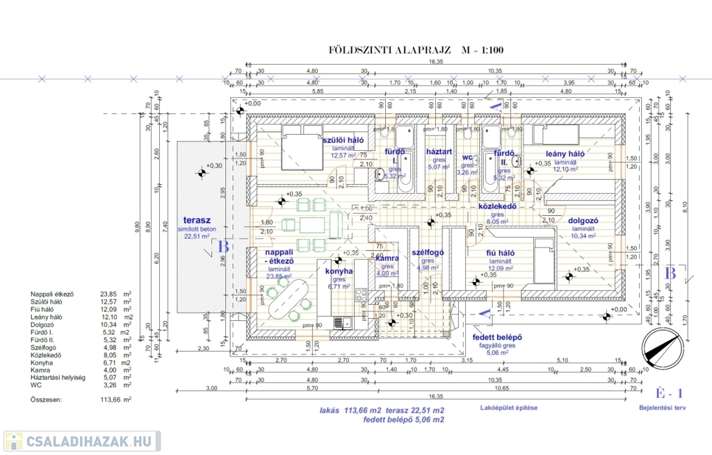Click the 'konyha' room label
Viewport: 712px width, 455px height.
point(339,271)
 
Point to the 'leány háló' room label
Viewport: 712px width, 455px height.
point(564,154)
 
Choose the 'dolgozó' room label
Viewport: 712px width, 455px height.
point(583,221)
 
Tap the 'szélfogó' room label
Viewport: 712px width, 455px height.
point(428,253)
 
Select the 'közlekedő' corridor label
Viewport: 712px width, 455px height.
point(496,206)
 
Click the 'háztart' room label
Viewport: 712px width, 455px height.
point(439,151)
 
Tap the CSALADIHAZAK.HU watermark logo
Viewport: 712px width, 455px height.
point(82,441)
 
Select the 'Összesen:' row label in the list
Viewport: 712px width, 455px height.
point(45,400)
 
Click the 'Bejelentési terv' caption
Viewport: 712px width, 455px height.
point(662,408)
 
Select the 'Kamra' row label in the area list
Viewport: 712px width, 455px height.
point(40,370)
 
